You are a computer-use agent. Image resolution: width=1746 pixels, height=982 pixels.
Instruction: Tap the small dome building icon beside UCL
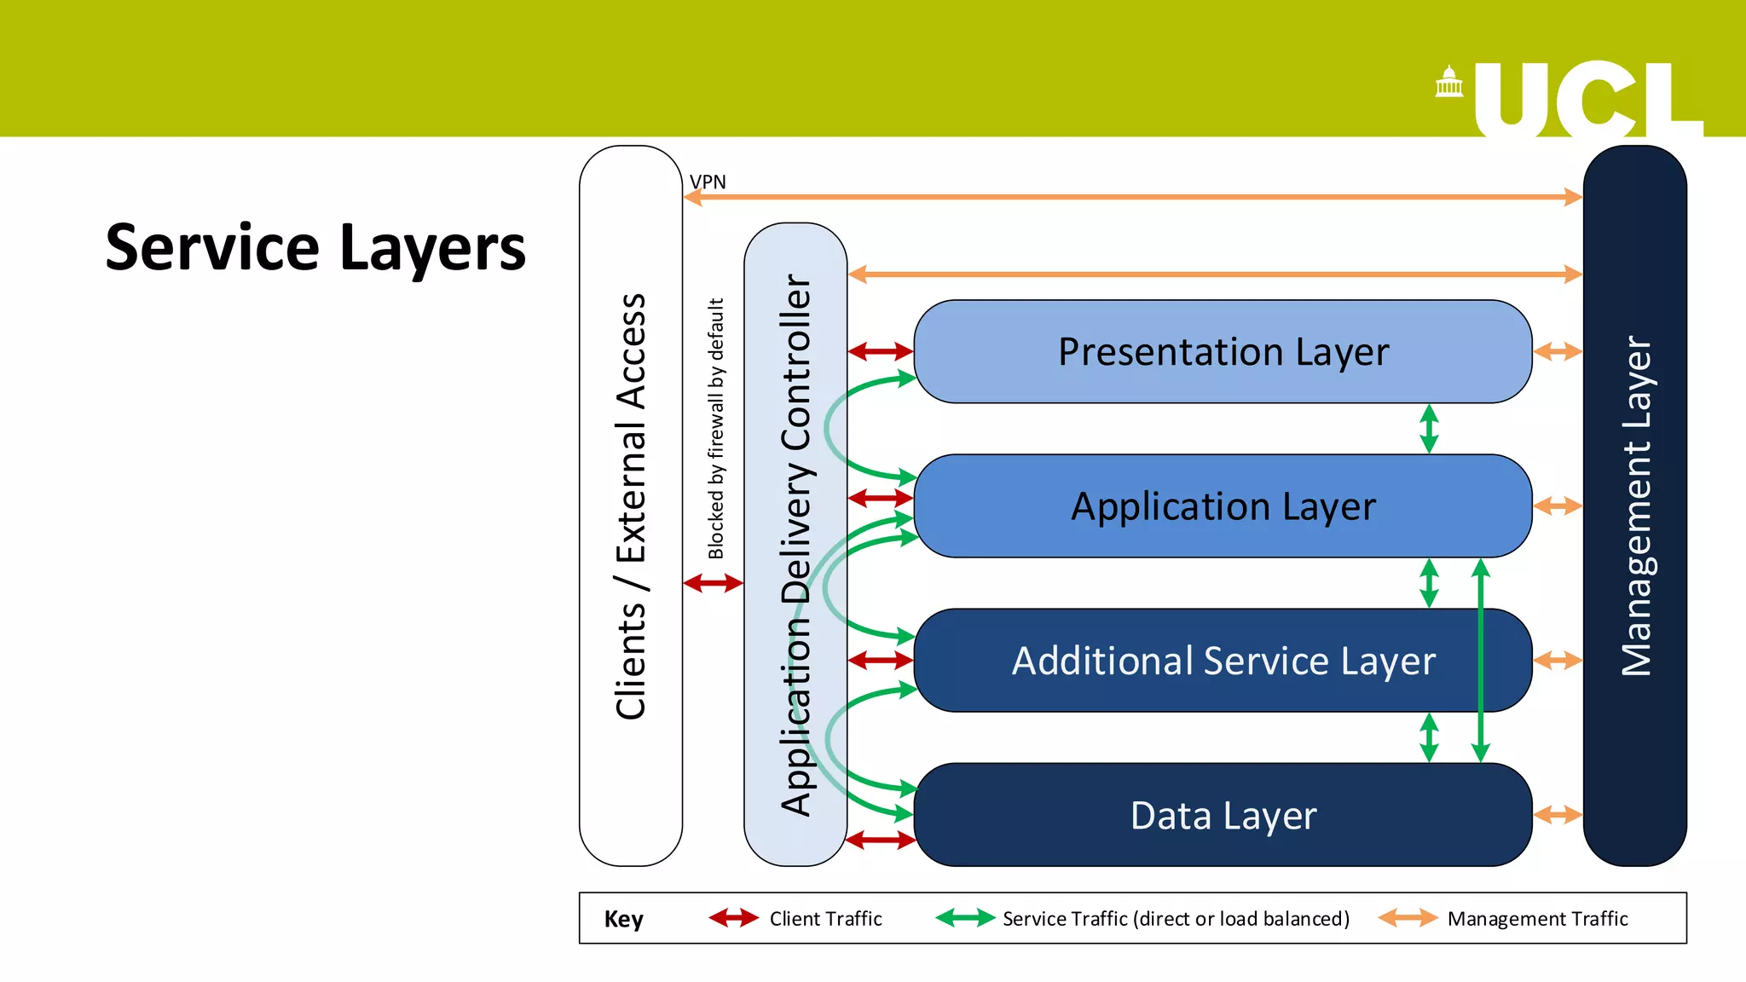pyautogui.click(x=1448, y=83)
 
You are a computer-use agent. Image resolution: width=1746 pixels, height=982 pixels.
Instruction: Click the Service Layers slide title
pyautogui.click(x=315, y=247)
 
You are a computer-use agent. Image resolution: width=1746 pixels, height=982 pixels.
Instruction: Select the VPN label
pyautogui.click(x=708, y=182)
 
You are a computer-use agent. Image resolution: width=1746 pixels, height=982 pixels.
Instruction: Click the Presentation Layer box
pyautogui.click(x=1223, y=351)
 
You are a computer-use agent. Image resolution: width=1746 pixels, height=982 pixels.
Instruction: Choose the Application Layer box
pyautogui.click(x=1223, y=506)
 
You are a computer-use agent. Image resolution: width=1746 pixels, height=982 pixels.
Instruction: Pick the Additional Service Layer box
pyautogui.click(x=1223, y=661)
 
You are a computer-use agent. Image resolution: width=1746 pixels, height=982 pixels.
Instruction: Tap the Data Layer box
pyautogui.click(x=1223, y=816)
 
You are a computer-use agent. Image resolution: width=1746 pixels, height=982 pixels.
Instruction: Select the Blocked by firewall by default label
pyautogui.click(x=716, y=428)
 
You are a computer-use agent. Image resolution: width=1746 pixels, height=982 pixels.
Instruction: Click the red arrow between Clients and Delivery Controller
pyautogui.click(x=714, y=583)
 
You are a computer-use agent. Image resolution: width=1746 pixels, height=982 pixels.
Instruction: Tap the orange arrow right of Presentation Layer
pyautogui.click(x=1558, y=351)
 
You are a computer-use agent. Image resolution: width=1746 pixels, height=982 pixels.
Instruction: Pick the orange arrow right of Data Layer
pyautogui.click(x=1558, y=815)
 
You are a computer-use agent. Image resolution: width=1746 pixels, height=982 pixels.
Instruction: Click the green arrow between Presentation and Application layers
pyautogui.click(x=1429, y=429)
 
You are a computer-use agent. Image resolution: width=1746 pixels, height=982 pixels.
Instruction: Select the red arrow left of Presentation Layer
pyautogui.click(x=881, y=351)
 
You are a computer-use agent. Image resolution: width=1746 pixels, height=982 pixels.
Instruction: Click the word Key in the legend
pyautogui.click(x=623, y=919)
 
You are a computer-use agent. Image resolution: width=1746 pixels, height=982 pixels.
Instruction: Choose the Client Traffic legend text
pyautogui.click(x=825, y=919)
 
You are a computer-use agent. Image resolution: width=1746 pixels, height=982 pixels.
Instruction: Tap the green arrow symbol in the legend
pyautogui.click(x=965, y=918)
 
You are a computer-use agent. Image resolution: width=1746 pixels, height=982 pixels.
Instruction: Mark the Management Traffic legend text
pyautogui.click(x=1537, y=919)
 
